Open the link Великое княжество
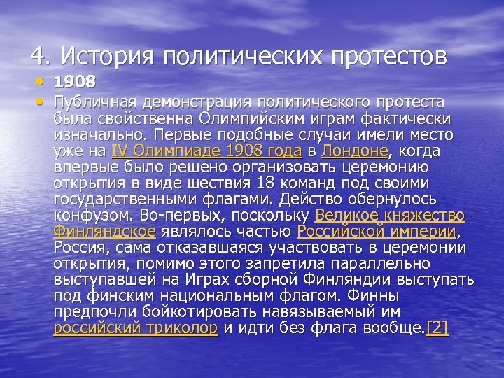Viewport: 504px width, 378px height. click(390, 215)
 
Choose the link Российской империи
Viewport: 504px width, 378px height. click(377, 231)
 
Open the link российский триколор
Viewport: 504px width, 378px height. click(136, 329)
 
